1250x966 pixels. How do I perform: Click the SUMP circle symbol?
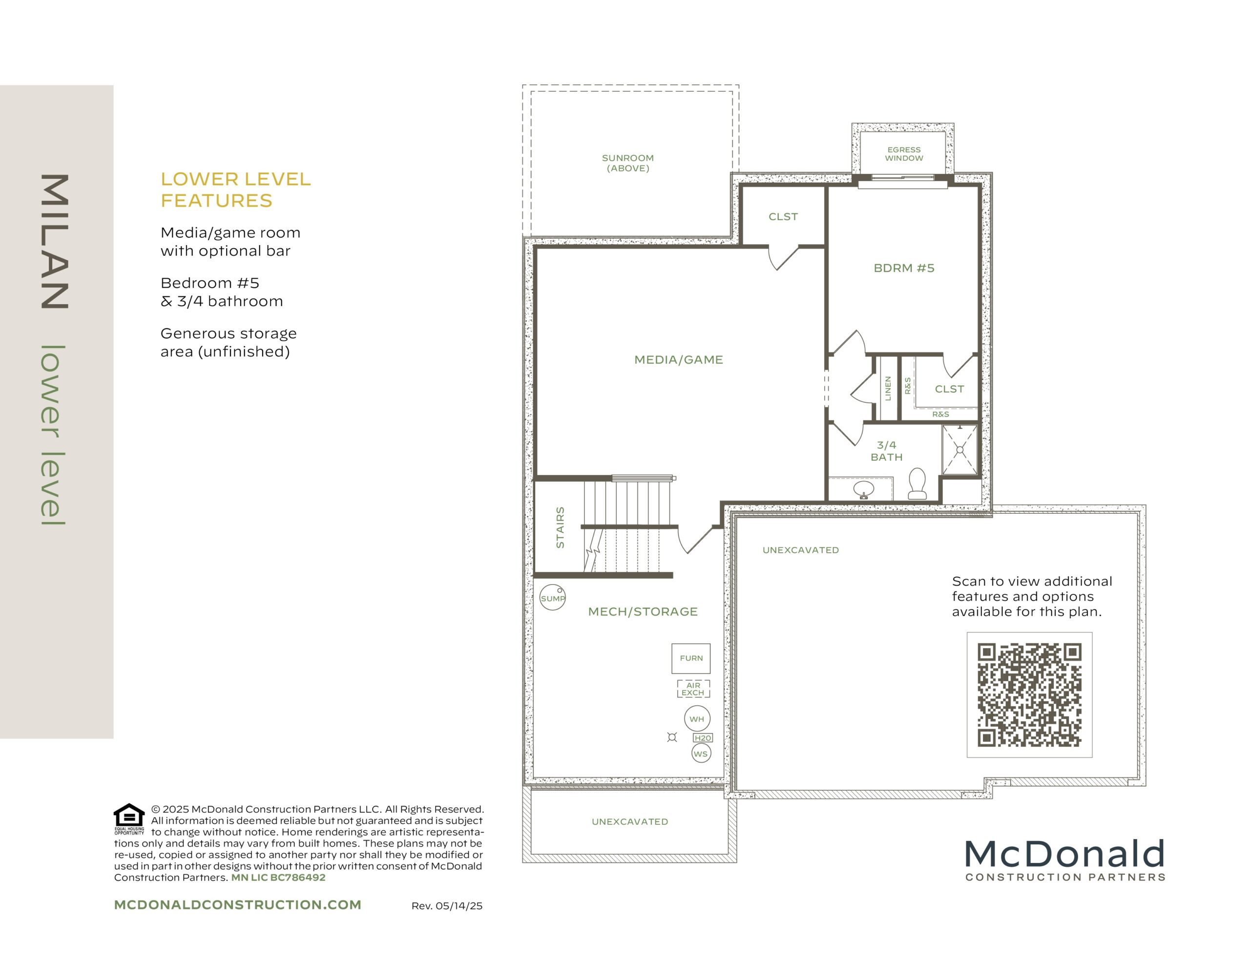point(552,597)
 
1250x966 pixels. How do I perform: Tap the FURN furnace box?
point(691,658)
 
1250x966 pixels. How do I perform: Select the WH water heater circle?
point(697,719)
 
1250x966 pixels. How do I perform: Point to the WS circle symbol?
point(701,754)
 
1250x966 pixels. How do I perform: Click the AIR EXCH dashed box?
point(693,689)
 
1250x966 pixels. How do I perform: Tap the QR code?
point(1029,695)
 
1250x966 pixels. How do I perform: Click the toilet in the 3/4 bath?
point(917,483)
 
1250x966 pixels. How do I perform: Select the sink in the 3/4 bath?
point(863,489)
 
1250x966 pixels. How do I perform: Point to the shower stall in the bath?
point(960,450)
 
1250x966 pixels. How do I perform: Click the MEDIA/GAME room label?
point(678,359)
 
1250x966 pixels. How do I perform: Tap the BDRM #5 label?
point(904,268)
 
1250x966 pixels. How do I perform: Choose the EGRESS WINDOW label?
point(904,154)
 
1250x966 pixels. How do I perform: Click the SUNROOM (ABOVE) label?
point(627,163)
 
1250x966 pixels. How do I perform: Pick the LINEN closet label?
point(888,388)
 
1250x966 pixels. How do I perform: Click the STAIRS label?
point(561,527)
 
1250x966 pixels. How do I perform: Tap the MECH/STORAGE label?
point(643,611)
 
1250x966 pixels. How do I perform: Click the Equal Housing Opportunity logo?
point(129,819)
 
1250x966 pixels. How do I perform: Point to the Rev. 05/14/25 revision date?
point(447,906)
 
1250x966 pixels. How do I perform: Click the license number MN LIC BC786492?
point(278,877)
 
